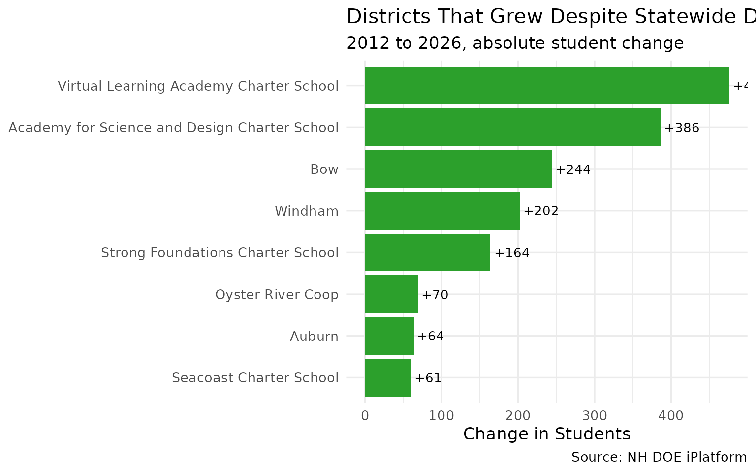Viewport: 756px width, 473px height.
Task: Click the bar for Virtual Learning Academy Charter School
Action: pyautogui.click(x=546, y=86)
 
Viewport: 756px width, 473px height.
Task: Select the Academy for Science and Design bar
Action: pyautogui.click(x=512, y=128)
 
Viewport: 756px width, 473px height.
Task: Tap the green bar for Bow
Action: pyautogui.click(x=458, y=169)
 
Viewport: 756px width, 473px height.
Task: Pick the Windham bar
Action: pyautogui.click(x=442, y=211)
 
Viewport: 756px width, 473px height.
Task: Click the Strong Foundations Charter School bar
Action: pyautogui.click(x=427, y=252)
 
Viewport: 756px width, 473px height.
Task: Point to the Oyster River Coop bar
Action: pyautogui.click(x=391, y=294)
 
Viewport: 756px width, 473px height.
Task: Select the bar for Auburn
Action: pyautogui.click(x=389, y=336)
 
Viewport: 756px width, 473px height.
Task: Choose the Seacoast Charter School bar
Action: pyautogui.click(x=388, y=378)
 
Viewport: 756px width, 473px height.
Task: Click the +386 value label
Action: pyautogui.click(x=682, y=128)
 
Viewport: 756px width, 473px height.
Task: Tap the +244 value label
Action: pyautogui.click(x=573, y=170)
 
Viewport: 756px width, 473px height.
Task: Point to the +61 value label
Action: pyautogui.click(x=428, y=378)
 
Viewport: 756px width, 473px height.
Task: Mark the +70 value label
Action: pyautogui.click(x=435, y=295)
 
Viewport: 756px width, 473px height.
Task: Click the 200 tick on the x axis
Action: pyautogui.click(x=518, y=416)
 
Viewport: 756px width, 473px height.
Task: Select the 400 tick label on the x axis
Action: pyautogui.click(x=671, y=416)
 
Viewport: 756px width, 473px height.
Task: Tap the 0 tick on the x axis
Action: pyautogui.click(x=365, y=416)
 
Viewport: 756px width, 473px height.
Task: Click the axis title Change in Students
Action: pyautogui.click(x=546, y=434)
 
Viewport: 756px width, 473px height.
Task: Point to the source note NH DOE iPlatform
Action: pyautogui.click(x=659, y=457)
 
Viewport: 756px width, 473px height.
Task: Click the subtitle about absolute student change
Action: pyautogui.click(x=515, y=43)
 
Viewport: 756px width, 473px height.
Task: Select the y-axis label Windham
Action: pyautogui.click(x=306, y=211)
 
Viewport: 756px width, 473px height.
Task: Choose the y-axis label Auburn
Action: pyautogui.click(x=314, y=337)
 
